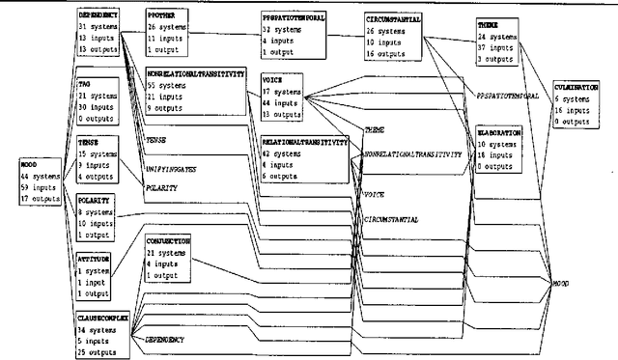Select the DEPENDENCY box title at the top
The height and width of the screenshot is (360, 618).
[100, 15]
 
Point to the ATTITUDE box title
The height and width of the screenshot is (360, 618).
[95, 261]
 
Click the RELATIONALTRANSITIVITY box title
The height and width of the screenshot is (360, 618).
[305, 141]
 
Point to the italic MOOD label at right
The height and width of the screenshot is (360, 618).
[560, 282]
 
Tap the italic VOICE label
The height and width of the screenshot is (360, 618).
[373, 194]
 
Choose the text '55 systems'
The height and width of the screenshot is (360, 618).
[175, 85]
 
